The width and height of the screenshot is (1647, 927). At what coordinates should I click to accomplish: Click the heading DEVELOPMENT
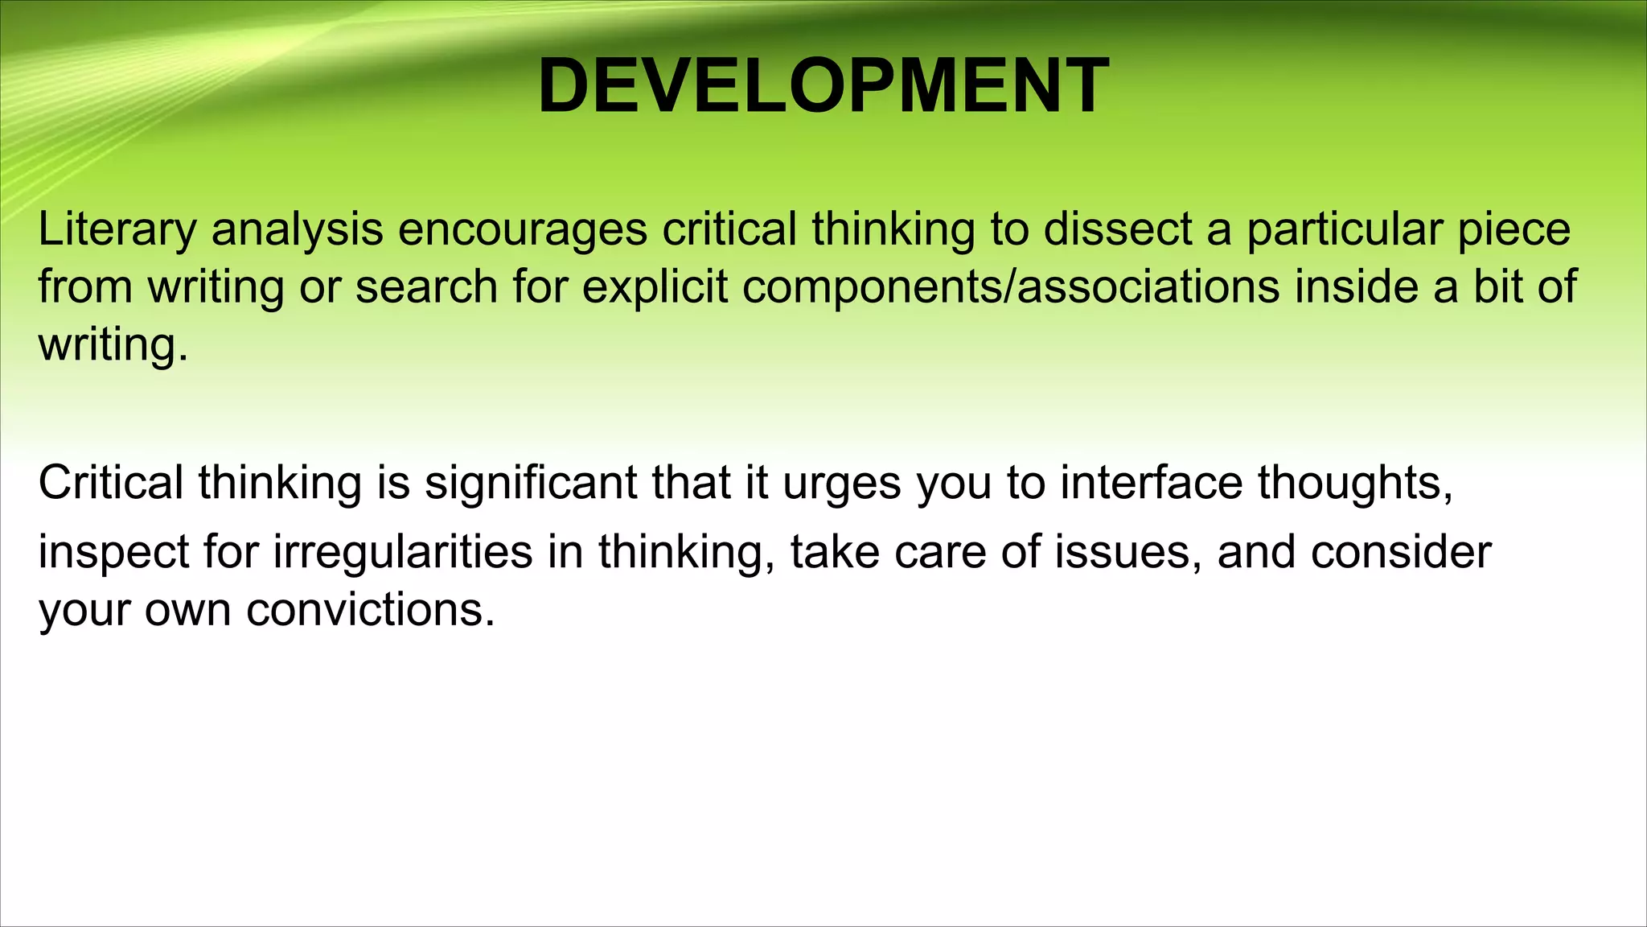point(823,86)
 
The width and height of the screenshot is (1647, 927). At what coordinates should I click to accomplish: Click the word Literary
point(117,230)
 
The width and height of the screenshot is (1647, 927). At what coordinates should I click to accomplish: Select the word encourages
point(523,230)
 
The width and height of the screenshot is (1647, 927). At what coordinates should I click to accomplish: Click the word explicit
point(655,288)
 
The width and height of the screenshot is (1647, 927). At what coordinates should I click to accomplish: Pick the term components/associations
point(1010,288)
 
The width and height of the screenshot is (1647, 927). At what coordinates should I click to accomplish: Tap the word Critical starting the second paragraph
point(111,483)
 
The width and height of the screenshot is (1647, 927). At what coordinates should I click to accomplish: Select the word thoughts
point(1355,483)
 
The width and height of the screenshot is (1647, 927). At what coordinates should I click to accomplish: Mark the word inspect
point(113,554)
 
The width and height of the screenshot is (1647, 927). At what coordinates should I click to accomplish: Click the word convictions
point(370,610)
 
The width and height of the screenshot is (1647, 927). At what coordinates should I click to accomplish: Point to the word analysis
point(297,230)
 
